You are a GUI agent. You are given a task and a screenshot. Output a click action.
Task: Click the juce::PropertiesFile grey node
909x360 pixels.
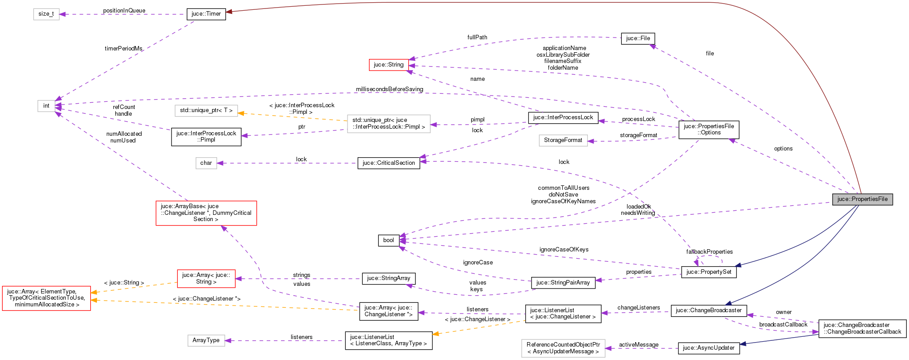tap(862, 199)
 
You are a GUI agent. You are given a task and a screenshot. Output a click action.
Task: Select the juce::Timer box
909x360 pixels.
tap(206, 14)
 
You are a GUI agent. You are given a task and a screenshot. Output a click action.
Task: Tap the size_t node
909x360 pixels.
tap(46, 14)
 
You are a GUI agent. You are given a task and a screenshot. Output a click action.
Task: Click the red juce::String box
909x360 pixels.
tap(388, 65)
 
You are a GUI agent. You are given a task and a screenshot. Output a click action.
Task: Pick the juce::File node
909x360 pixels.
tap(638, 38)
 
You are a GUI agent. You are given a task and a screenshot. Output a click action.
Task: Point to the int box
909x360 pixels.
tap(46, 106)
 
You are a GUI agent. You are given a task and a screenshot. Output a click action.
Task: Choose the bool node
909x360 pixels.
tap(388, 240)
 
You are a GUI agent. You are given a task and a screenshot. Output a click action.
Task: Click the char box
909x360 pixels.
tap(206, 163)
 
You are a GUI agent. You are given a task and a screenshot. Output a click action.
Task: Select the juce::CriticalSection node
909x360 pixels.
tap(388, 163)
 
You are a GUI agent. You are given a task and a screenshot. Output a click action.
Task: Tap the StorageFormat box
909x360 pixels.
tap(563, 140)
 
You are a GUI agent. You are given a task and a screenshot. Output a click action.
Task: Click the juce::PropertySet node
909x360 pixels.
tap(708, 272)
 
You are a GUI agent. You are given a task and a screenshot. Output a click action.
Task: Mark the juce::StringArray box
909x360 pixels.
tap(388, 278)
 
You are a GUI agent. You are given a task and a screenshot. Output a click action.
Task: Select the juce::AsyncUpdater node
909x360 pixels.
tap(708, 348)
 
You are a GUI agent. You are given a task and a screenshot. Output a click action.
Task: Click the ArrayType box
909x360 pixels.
tap(206, 340)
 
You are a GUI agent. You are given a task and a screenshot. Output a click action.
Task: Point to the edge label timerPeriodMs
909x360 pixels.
tap(123, 48)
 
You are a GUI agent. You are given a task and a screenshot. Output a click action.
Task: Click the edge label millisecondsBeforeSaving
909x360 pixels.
tap(389, 89)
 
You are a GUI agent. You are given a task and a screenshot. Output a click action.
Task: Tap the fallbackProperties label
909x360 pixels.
tap(709, 252)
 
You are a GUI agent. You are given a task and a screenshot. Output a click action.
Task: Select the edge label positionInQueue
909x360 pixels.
tap(124, 11)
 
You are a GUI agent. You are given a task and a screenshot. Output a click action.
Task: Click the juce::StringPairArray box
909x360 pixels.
tap(563, 283)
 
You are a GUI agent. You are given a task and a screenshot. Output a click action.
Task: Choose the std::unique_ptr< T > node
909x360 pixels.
tap(206, 110)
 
